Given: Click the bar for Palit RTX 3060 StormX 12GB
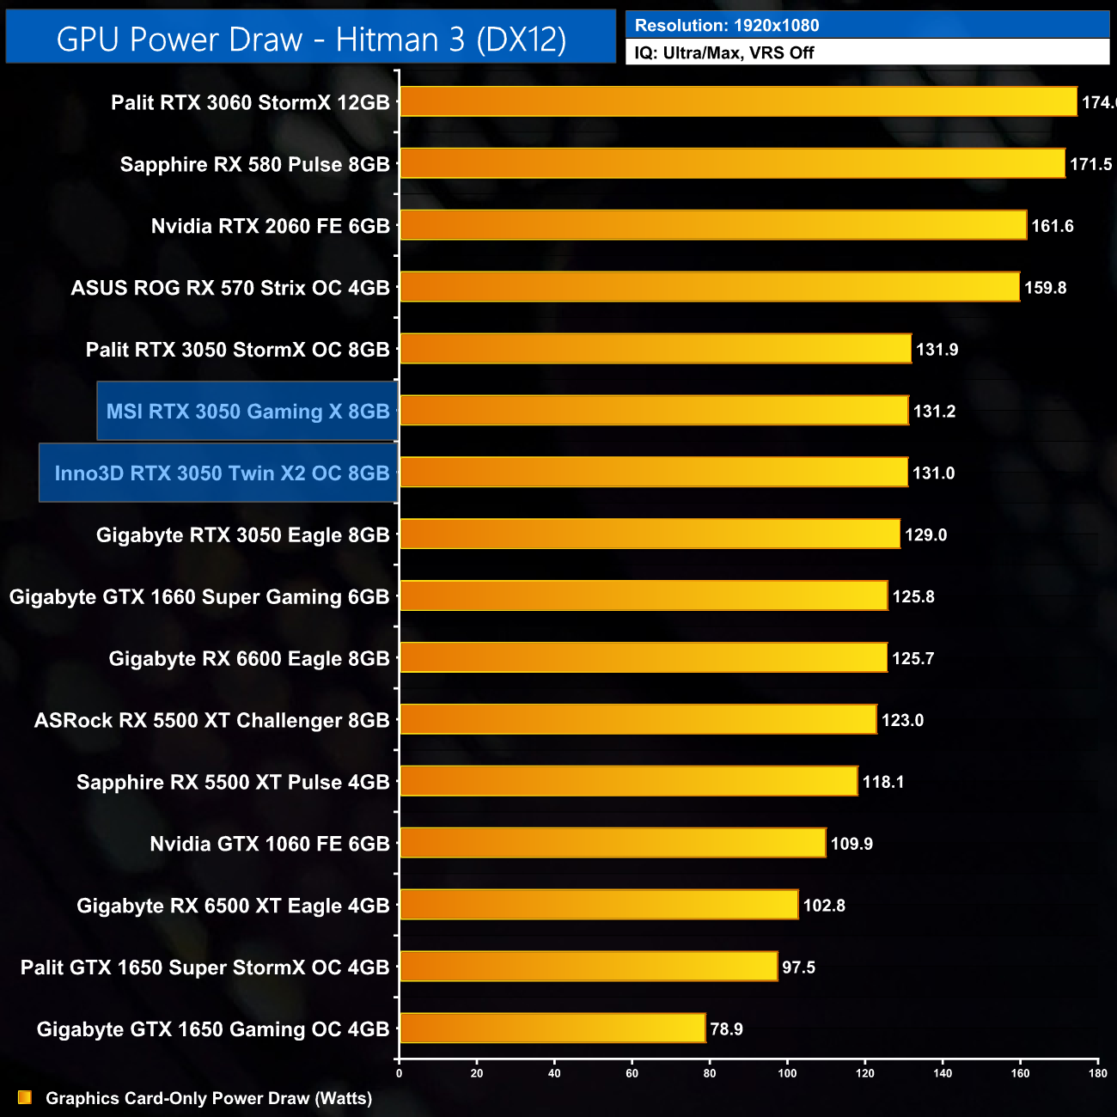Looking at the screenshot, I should (x=738, y=101).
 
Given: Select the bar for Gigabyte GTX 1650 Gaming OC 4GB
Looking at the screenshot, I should (x=552, y=1028).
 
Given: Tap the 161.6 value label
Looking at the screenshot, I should (x=1053, y=226).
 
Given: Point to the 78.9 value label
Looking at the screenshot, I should (x=726, y=1029).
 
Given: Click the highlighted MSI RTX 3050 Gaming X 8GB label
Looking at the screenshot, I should (x=247, y=412).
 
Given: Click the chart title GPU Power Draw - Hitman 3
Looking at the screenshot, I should (x=311, y=39).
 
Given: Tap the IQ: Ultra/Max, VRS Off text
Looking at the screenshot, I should (x=724, y=53).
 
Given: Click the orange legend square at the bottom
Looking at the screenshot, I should (x=25, y=1097).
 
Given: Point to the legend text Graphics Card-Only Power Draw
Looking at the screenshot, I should (x=209, y=1098).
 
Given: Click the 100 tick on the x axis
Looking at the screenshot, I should (x=787, y=1072).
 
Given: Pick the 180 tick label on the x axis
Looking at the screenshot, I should (x=1098, y=1072).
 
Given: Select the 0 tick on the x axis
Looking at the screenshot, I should (x=399, y=1072).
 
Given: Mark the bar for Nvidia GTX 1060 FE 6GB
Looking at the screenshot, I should (x=613, y=843).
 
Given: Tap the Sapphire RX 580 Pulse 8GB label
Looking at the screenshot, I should (x=255, y=164).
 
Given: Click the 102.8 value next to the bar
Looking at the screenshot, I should (x=824, y=906).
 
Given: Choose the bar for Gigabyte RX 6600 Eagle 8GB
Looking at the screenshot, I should (x=644, y=657).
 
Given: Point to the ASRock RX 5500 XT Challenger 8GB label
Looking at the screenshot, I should (x=212, y=720).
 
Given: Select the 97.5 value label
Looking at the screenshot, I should (x=798, y=967).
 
